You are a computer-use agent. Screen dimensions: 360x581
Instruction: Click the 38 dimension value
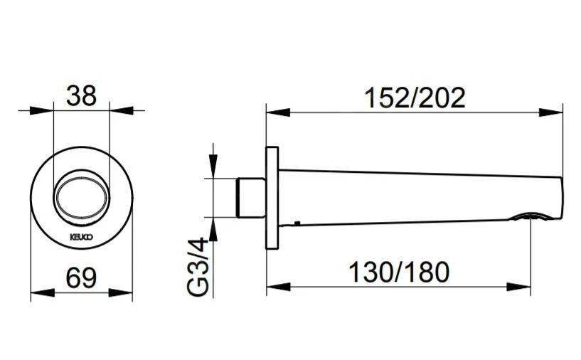pos(81,96)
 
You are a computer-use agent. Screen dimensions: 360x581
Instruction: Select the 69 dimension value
pos(81,277)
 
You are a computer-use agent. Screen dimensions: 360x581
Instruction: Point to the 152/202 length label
pos(415,97)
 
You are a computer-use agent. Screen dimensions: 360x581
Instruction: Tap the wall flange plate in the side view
pos(272,197)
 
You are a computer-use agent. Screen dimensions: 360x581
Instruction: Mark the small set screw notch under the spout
pos(297,225)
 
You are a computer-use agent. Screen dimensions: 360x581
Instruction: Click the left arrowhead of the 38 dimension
pos(44,110)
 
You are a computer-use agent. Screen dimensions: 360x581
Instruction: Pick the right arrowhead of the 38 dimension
pos(119,110)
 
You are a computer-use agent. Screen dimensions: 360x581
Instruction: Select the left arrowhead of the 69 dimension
pos(38,292)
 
